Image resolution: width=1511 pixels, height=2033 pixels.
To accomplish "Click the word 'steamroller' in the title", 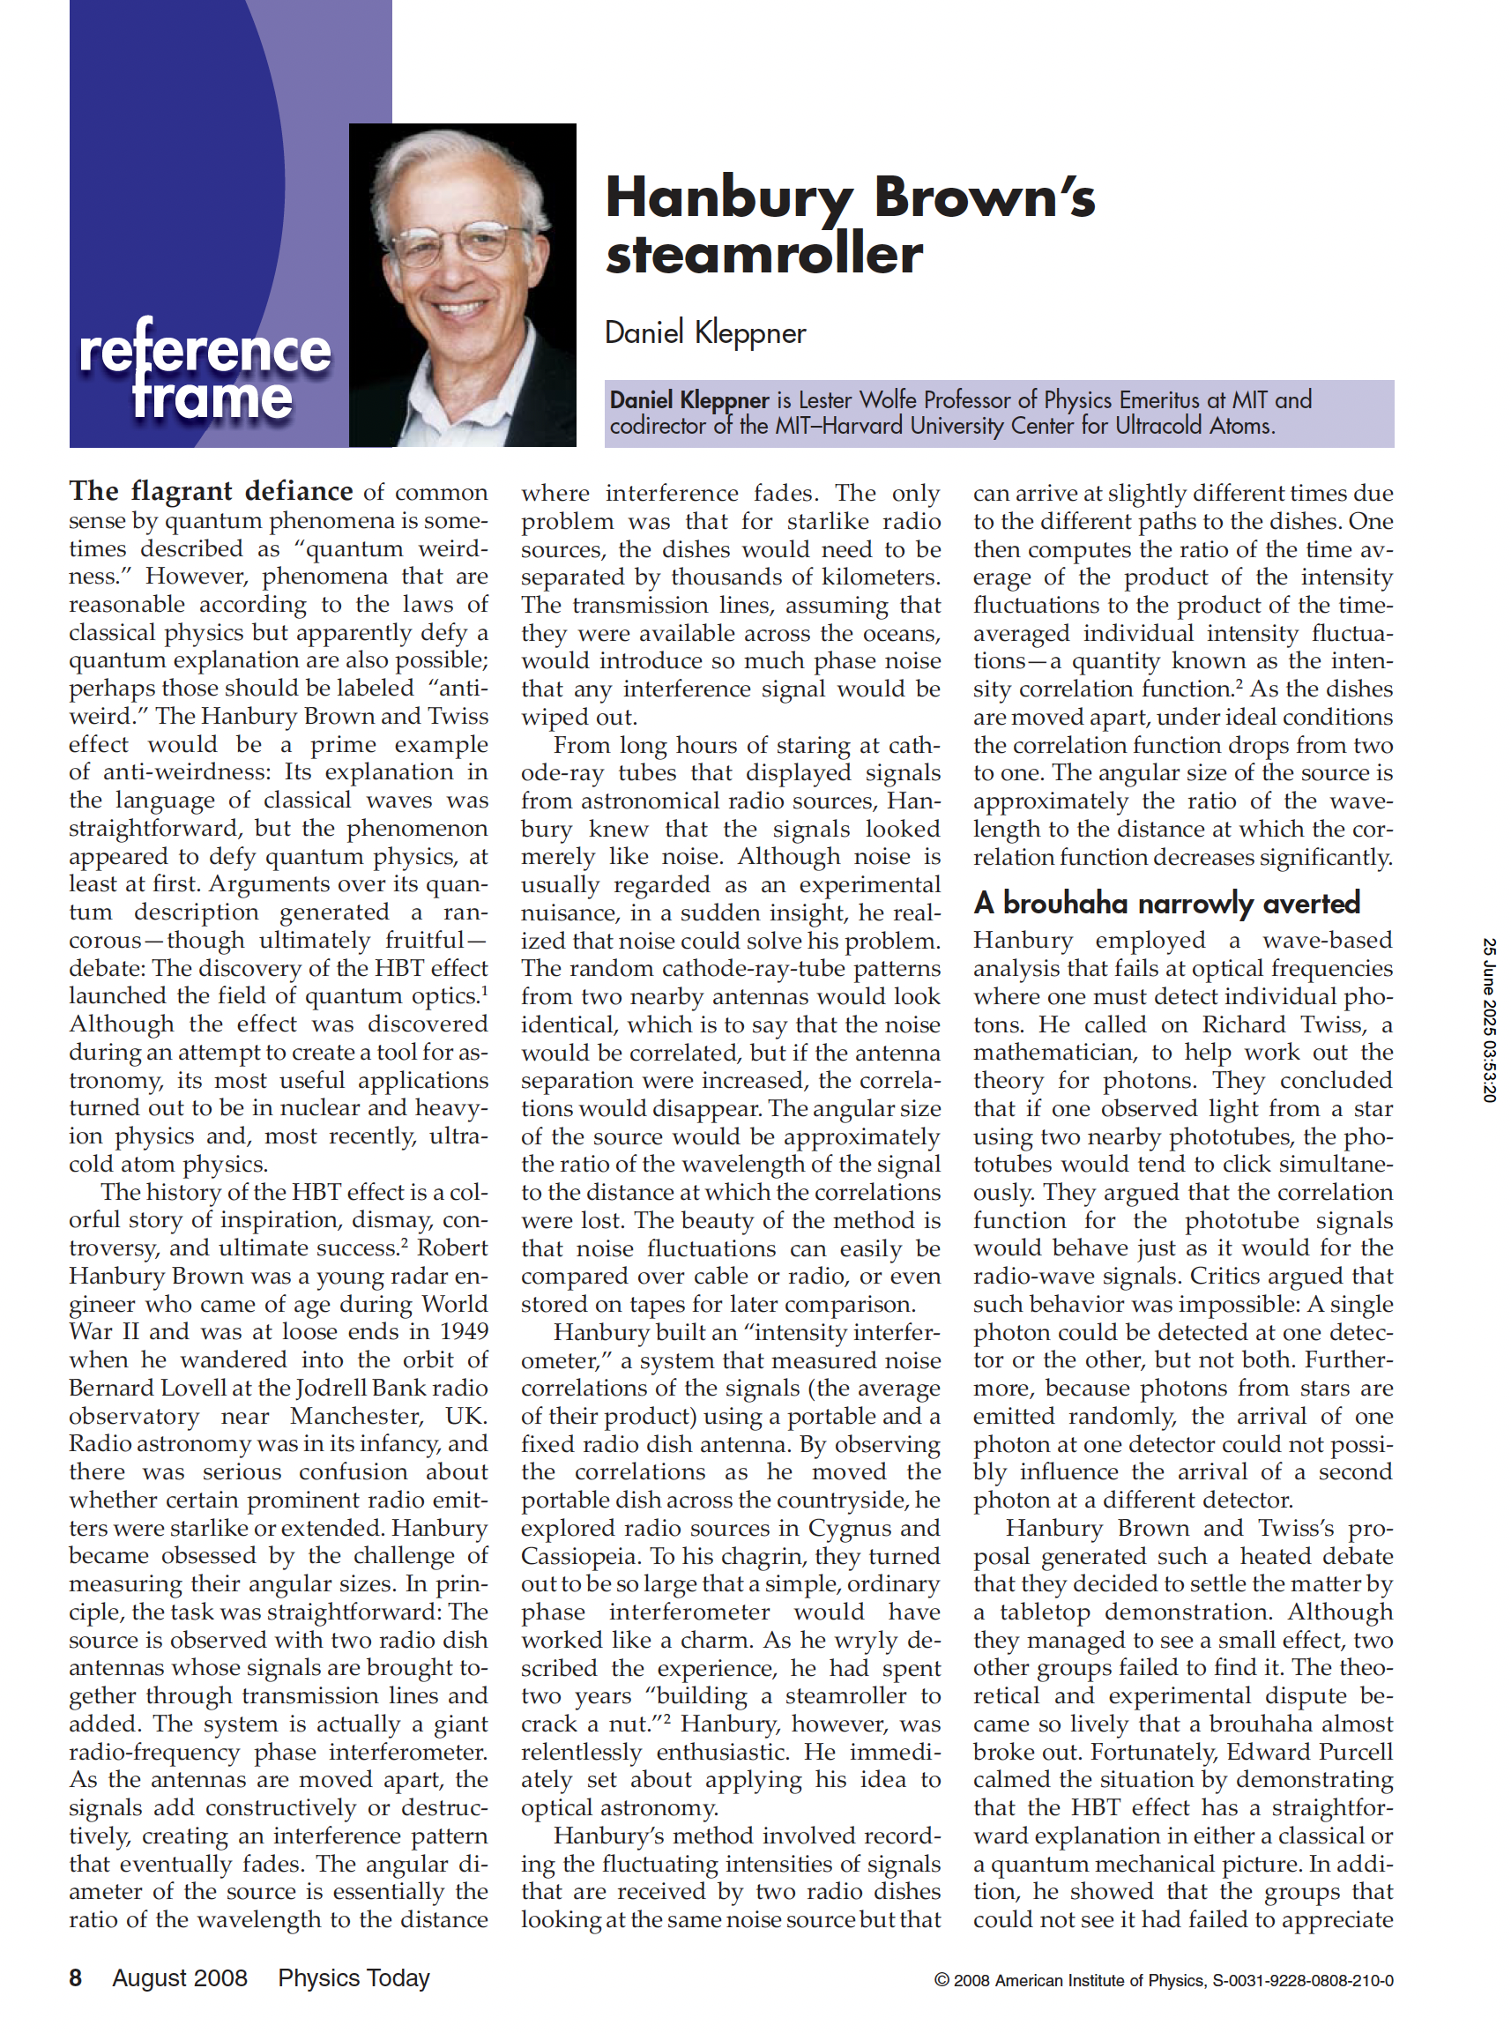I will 763,254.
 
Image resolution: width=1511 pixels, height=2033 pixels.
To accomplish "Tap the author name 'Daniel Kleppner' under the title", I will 705,333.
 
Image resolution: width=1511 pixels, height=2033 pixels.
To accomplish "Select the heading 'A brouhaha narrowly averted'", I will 1166,904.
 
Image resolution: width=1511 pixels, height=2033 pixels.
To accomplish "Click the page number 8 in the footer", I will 76,1978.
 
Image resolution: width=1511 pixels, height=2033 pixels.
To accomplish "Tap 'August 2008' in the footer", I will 179,1978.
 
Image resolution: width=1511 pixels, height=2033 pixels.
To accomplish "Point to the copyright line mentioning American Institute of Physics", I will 1164,1981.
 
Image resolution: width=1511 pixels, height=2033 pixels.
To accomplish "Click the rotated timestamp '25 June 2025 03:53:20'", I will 1489,1020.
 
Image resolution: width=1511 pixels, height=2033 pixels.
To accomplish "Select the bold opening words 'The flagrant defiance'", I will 211,492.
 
